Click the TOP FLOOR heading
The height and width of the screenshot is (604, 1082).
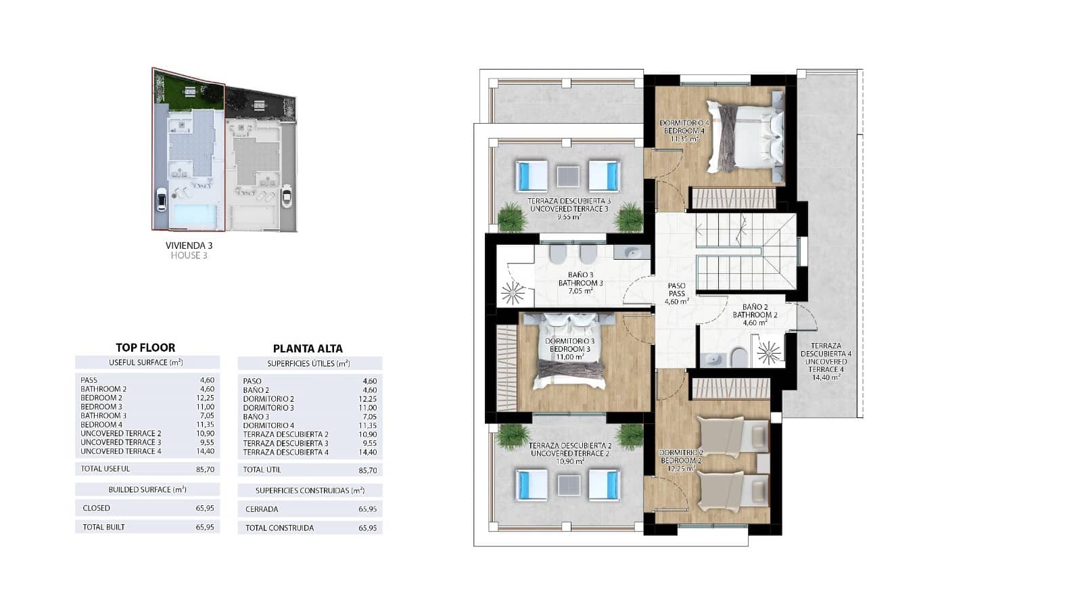145,348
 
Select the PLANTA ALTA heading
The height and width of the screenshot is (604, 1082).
308,349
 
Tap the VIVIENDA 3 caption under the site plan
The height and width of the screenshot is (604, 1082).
189,246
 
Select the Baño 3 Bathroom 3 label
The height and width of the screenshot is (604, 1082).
581,279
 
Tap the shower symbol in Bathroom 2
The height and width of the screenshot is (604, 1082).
768,352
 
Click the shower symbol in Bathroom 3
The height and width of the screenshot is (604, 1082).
512,293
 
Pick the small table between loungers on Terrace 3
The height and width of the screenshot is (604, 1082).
568,177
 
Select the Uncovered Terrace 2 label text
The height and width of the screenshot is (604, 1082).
571,453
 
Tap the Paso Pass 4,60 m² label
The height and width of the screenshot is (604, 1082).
676,294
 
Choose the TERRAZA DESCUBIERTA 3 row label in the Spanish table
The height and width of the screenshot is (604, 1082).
285,444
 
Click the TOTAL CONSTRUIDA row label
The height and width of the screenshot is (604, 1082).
279,528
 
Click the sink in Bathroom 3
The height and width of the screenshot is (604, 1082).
632,253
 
